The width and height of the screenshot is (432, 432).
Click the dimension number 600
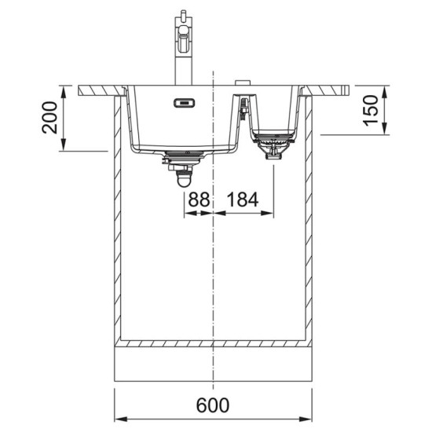[212, 405]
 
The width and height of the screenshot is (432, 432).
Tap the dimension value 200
[49, 118]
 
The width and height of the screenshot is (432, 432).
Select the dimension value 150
[371, 110]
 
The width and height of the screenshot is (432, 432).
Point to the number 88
[199, 200]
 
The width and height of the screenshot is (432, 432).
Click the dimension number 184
[243, 200]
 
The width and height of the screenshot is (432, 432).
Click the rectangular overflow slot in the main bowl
[184, 103]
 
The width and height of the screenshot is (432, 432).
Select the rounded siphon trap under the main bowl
[184, 178]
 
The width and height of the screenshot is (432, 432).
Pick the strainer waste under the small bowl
[274, 145]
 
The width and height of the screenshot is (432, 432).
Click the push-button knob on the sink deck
[243, 82]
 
